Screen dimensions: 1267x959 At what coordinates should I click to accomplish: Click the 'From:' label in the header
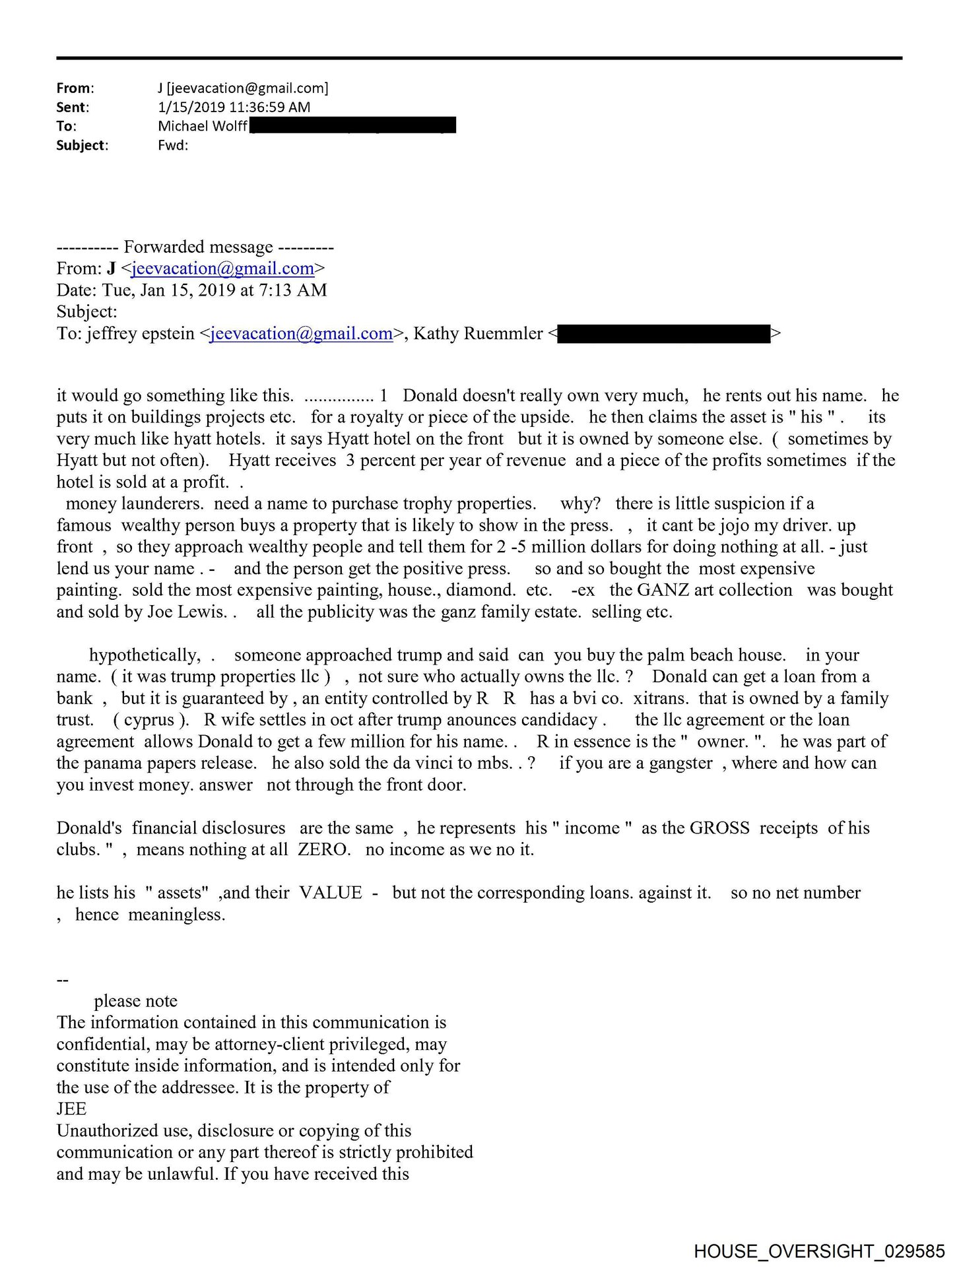(75, 88)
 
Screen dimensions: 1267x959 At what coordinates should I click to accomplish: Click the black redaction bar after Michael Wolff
(352, 125)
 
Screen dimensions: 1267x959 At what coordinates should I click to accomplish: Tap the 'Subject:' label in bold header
(82, 145)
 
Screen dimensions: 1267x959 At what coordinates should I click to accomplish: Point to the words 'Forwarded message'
(198, 247)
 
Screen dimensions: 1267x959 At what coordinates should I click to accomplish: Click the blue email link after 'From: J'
(222, 269)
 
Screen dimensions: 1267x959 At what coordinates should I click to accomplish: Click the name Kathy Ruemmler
(478, 334)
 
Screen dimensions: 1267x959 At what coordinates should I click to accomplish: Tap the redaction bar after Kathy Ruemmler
(663, 334)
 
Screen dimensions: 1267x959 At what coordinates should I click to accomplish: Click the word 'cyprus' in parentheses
(149, 720)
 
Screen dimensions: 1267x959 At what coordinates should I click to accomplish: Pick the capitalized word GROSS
(719, 828)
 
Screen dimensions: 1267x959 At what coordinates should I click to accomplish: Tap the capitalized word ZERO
(323, 850)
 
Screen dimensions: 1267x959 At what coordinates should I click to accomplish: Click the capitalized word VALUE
(331, 893)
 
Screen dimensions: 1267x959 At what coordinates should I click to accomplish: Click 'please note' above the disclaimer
(135, 1001)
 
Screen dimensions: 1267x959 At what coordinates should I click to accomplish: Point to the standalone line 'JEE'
(71, 1109)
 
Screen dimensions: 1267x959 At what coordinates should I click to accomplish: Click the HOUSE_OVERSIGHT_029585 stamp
(819, 1251)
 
